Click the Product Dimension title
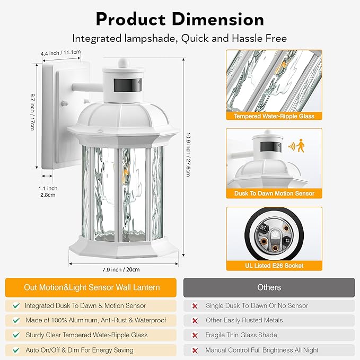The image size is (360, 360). (180, 19)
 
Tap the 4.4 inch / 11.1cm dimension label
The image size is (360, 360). (61, 52)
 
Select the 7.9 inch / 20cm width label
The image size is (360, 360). (122, 269)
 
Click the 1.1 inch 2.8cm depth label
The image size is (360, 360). (49, 191)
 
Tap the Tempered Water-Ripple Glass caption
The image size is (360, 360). (275, 116)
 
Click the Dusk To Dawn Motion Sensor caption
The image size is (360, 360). (275, 194)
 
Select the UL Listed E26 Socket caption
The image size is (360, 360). (275, 265)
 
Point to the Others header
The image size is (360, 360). (269, 287)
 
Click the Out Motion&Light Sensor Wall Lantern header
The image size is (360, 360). (92, 287)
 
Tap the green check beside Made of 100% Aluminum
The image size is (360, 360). (16, 320)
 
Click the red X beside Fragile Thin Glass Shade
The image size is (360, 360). (195, 335)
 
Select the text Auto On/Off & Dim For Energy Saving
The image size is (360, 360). (79, 350)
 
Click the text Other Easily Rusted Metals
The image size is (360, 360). (244, 320)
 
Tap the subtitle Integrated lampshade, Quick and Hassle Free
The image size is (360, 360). (180, 38)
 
